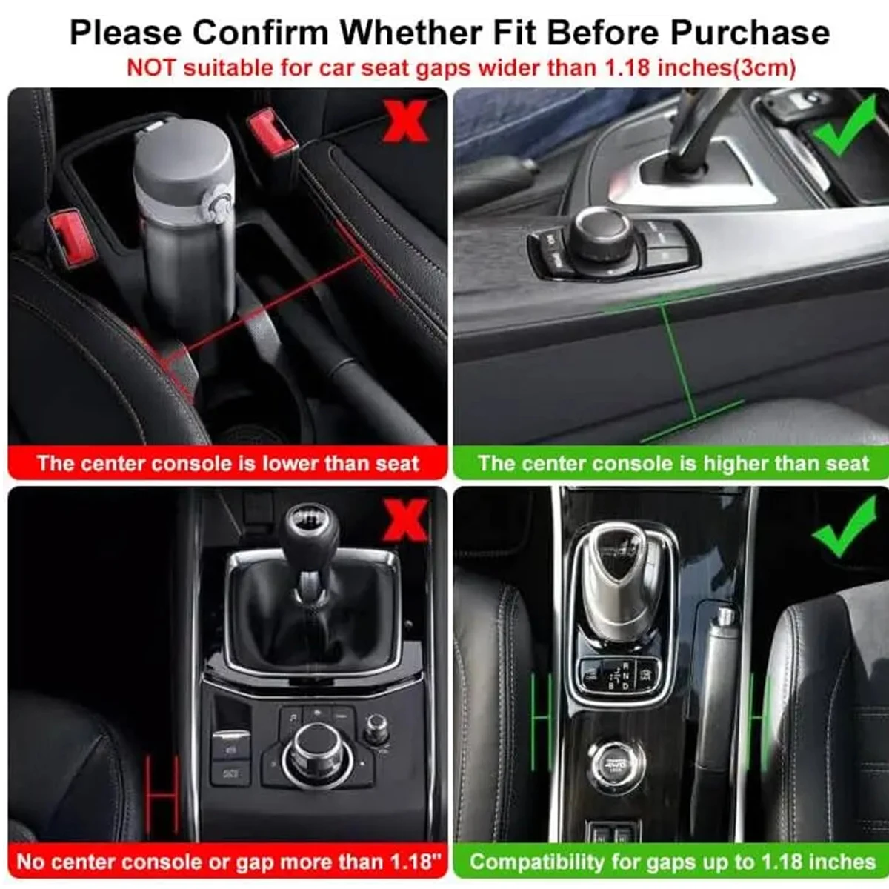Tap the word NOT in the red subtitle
click(151, 67)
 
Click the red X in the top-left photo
click(405, 122)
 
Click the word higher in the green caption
click(733, 464)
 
